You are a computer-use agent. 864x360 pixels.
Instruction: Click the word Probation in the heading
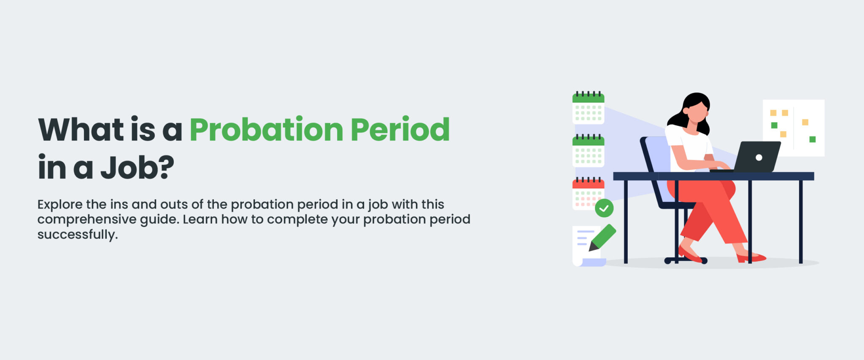click(x=267, y=130)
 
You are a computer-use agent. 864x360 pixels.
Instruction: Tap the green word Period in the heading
click(x=400, y=129)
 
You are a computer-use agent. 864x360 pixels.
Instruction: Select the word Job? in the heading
click(x=137, y=168)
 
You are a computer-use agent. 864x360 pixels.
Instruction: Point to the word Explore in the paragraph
click(x=60, y=205)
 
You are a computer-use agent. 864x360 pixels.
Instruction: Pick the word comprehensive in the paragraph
click(x=87, y=220)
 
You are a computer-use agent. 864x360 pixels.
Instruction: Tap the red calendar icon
click(x=588, y=193)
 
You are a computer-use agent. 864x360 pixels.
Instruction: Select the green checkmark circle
click(x=604, y=208)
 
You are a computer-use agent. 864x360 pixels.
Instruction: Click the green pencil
click(x=602, y=237)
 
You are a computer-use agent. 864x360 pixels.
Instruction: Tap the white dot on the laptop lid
click(x=759, y=157)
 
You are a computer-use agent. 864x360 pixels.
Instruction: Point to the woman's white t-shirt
click(x=688, y=146)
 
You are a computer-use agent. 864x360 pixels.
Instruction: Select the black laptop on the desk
click(x=751, y=157)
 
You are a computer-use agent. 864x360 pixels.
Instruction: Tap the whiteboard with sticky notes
click(x=794, y=128)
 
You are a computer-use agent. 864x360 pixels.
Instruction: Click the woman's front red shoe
click(x=751, y=257)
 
